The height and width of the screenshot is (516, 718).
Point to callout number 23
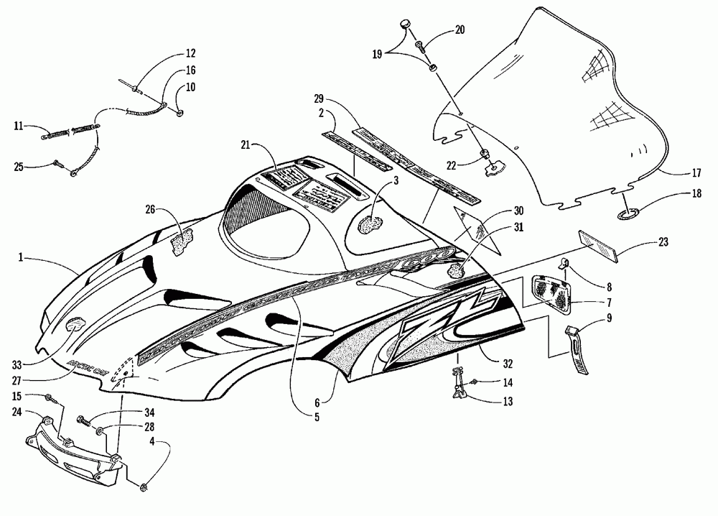click(661, 243)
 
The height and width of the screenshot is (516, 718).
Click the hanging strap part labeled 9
click(579, 350)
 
